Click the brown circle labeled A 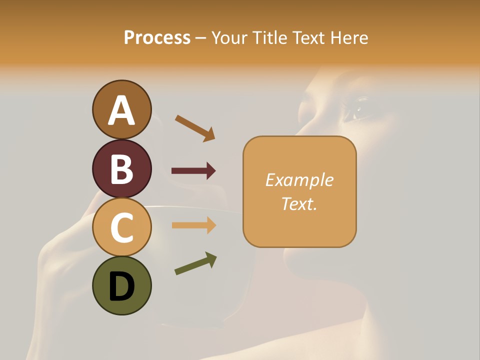point(121,109)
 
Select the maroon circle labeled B point(121,168)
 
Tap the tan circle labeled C point(121,227)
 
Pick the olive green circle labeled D point(121,285)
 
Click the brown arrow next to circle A point(195,128)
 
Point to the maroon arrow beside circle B point(193,171)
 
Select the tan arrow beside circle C point(193,225)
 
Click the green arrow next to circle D point(195,263)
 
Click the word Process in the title point(157,37)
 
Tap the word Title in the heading point(269,37)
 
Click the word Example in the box point(299,180)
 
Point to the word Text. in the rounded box point(299,203)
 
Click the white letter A point(121,110)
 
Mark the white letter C point(121,228)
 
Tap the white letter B point(121,169)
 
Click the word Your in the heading point(229,37)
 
